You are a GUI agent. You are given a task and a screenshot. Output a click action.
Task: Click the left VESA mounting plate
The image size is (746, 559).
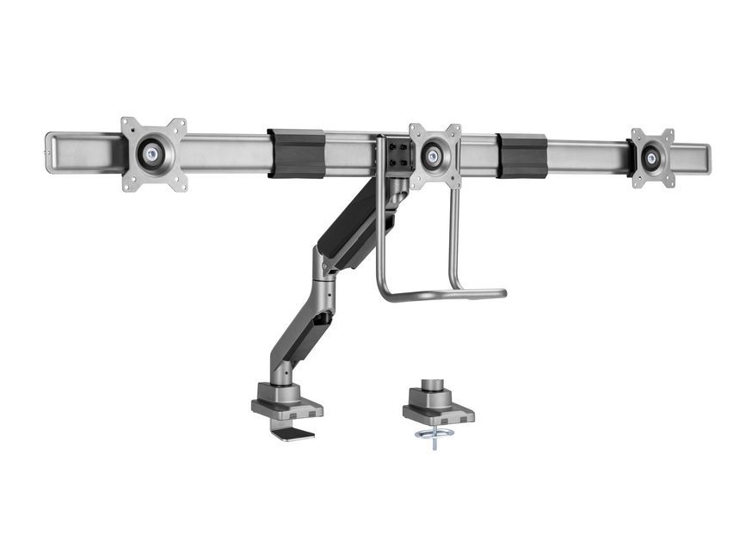click(x=153, y=153)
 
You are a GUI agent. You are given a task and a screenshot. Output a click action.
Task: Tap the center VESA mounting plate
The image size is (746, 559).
click(x=435, y=156)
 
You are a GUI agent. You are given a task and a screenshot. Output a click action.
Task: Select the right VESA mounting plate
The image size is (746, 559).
click(x=651, y=157)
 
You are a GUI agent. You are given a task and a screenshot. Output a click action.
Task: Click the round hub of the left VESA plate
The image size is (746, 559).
click(x=153, y=154)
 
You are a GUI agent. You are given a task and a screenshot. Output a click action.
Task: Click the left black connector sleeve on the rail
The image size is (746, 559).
click(x=296, y=153)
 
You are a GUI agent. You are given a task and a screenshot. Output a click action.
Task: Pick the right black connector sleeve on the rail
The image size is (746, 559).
click(x=522, y=156)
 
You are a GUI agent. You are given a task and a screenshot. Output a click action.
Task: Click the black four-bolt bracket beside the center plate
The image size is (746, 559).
click(x=397, y=156)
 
